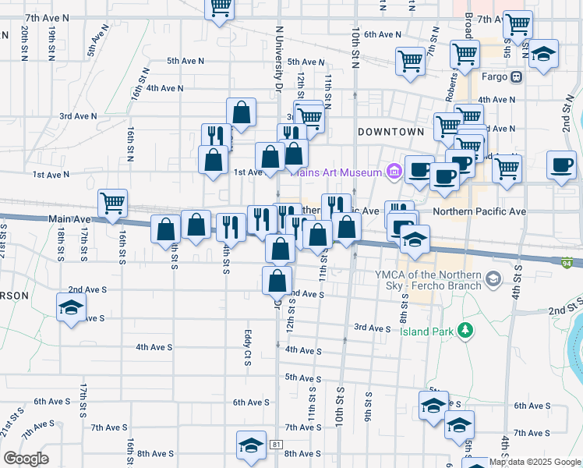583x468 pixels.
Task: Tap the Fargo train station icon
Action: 516,77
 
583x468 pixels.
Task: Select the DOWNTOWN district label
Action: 390,133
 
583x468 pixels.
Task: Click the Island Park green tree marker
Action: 465,331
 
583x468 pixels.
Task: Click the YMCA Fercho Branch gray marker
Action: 492,278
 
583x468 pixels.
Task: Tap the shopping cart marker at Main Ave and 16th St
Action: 113,203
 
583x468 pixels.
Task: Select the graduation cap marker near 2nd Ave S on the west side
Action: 71,306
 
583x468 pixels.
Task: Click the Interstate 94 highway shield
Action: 573,264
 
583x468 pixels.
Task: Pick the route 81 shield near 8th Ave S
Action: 277,444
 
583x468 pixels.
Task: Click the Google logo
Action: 26,459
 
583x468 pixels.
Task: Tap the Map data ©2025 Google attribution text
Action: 533,462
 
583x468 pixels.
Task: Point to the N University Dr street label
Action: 277,58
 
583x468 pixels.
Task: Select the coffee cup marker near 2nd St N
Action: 561,165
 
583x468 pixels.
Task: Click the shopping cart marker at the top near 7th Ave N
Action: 220,7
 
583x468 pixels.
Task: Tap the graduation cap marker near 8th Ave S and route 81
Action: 251,445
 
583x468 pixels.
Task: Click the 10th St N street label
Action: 355,47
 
